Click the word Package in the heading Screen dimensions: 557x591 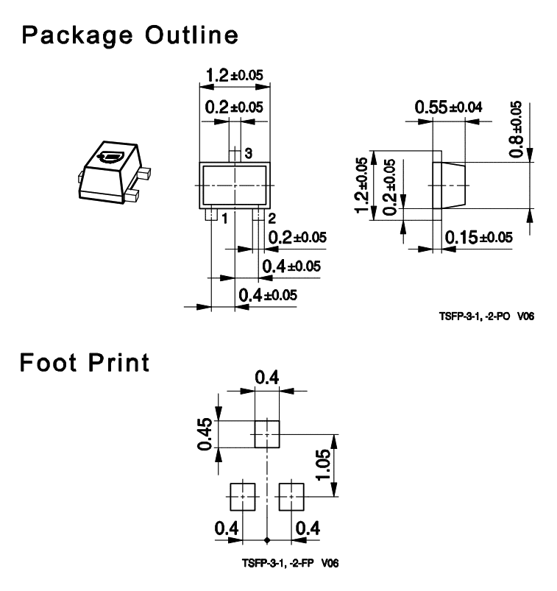[x=77, y=36]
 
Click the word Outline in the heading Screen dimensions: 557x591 [x=192, y=35]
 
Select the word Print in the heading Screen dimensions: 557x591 [x=118, y=363]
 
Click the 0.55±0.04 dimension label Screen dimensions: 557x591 [x=448, y=107]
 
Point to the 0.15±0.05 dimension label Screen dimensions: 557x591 [x=478, y=238]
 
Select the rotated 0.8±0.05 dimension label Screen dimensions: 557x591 [x=516, y=129]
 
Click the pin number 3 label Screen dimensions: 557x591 [x=249, y=153]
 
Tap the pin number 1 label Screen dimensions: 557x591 [x=224, y=219]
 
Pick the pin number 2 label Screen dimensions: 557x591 [x=272, y=219]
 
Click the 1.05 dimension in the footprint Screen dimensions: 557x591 [x=323, y=464]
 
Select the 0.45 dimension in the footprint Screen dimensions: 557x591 [x=205, y=433]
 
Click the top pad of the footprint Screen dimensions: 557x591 [x=267, y=434]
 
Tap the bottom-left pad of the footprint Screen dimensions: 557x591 [x=243, y=497]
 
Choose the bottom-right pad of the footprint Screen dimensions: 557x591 [x=291, y=497]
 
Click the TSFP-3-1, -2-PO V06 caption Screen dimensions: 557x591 [x=486, y=316]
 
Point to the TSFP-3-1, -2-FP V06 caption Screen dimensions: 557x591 [x=290, y=563]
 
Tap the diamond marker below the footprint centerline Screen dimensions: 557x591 [x=267, y=540]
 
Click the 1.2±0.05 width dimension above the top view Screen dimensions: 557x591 [x=235, y=75]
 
